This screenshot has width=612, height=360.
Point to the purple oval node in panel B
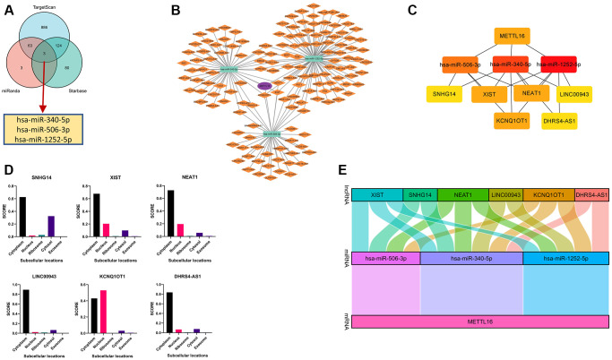pyautogui.click(x=264, y=86)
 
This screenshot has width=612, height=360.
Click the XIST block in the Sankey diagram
pyautogui.click(x=378, y=194)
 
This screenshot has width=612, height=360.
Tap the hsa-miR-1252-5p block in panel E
pyautogui.click(x=565, y=258)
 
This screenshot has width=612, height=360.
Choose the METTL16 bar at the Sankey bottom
pyautogui.click(x=480, y=321)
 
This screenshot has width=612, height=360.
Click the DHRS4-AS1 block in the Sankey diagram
pyautogui.click(x=592, y=194)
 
